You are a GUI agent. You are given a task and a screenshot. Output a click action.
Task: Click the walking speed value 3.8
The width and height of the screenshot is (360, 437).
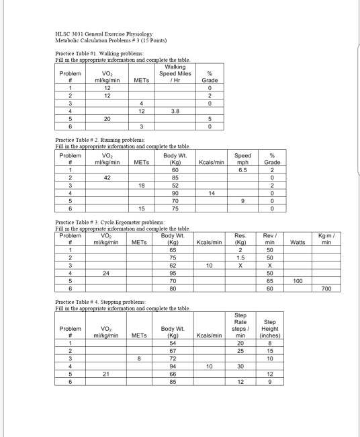[x=175, y=110]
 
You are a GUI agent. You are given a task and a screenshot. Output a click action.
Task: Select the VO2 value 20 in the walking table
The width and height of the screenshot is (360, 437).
[x=106, y=118]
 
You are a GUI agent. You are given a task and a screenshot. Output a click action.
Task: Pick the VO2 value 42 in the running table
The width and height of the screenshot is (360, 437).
[x=106, y=177]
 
